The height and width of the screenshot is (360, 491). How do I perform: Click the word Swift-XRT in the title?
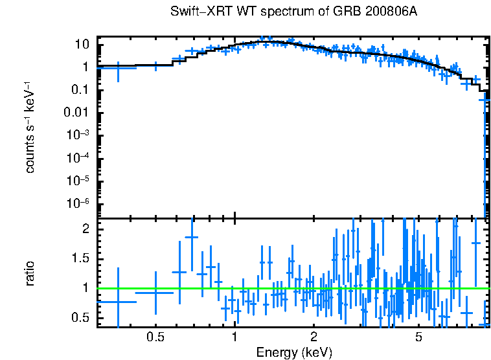195,12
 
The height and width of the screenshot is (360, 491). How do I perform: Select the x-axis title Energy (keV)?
294,352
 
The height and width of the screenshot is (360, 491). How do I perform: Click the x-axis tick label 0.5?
155,337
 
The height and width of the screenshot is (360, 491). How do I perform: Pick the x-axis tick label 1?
234,337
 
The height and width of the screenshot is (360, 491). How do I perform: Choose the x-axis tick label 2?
314,337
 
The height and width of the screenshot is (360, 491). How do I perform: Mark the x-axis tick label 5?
418,337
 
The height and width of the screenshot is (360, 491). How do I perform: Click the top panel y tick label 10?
82,45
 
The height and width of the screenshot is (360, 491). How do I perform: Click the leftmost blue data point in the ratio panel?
118,302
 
